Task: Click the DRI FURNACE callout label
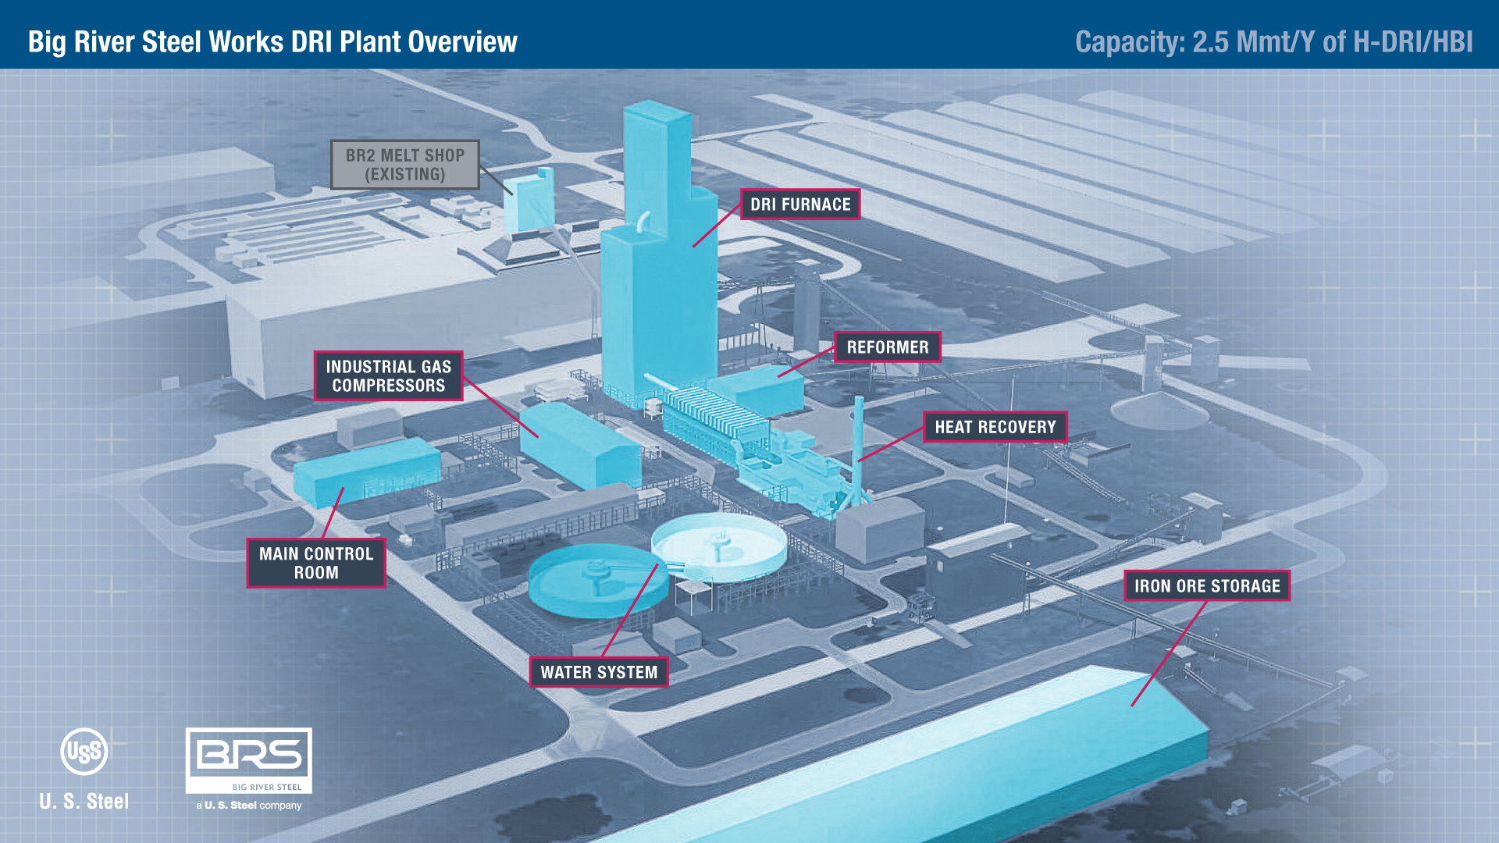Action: click(x=800, y=205)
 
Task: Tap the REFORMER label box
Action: click(x=888, y=347)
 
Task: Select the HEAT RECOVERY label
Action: click(x=995, y=427)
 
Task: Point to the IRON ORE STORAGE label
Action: click(x=1206, y=586)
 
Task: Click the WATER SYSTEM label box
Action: click(x=599, y=672)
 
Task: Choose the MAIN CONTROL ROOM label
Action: click(x=316, y=563)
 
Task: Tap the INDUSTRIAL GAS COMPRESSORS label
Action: click(x=388, y=376)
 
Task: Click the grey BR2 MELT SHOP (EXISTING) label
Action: click(x=404, y=165)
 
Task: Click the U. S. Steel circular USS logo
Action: click(x=84, y=752)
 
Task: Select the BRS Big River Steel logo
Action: click(x=249, y=760)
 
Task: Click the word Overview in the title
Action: click(x=461, y=41)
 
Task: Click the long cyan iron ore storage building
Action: click(x=937, y=765)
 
